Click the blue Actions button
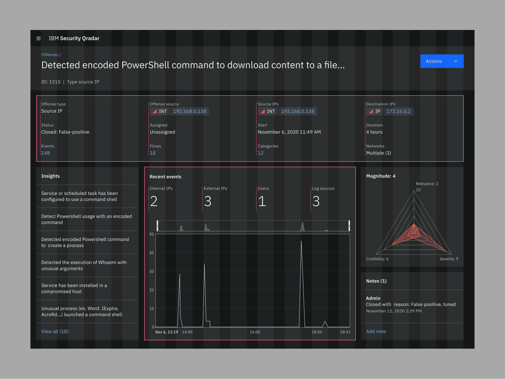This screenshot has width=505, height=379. pos(441,61)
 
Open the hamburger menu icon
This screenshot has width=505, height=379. pos(39,39)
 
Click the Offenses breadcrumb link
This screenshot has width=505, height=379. pos(50,55)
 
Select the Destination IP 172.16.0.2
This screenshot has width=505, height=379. pos(398,111)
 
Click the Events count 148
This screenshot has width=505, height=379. pos(46,153)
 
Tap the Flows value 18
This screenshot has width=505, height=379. pos(153,153)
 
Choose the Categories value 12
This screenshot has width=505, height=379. pos(260,153)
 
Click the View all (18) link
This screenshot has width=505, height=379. pos(55,332)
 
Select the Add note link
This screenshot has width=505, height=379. pos(376,332)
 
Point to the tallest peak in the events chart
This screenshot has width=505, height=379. pos(301,241)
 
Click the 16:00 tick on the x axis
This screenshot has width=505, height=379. pos(255,332)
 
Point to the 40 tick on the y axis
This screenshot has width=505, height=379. pos(152,253)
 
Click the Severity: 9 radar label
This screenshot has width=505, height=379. pos(448,259)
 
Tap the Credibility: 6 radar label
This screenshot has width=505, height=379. pos(377,259)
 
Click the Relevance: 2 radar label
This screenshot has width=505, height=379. pos(427,184)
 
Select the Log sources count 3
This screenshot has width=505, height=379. pos(316,201)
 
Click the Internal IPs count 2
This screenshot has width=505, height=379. pos(153,201)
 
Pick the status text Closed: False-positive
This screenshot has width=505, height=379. pos(65,132)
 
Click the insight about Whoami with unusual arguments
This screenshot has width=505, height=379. pos(84,265)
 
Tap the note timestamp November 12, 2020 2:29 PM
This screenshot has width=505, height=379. pos(394,311)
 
